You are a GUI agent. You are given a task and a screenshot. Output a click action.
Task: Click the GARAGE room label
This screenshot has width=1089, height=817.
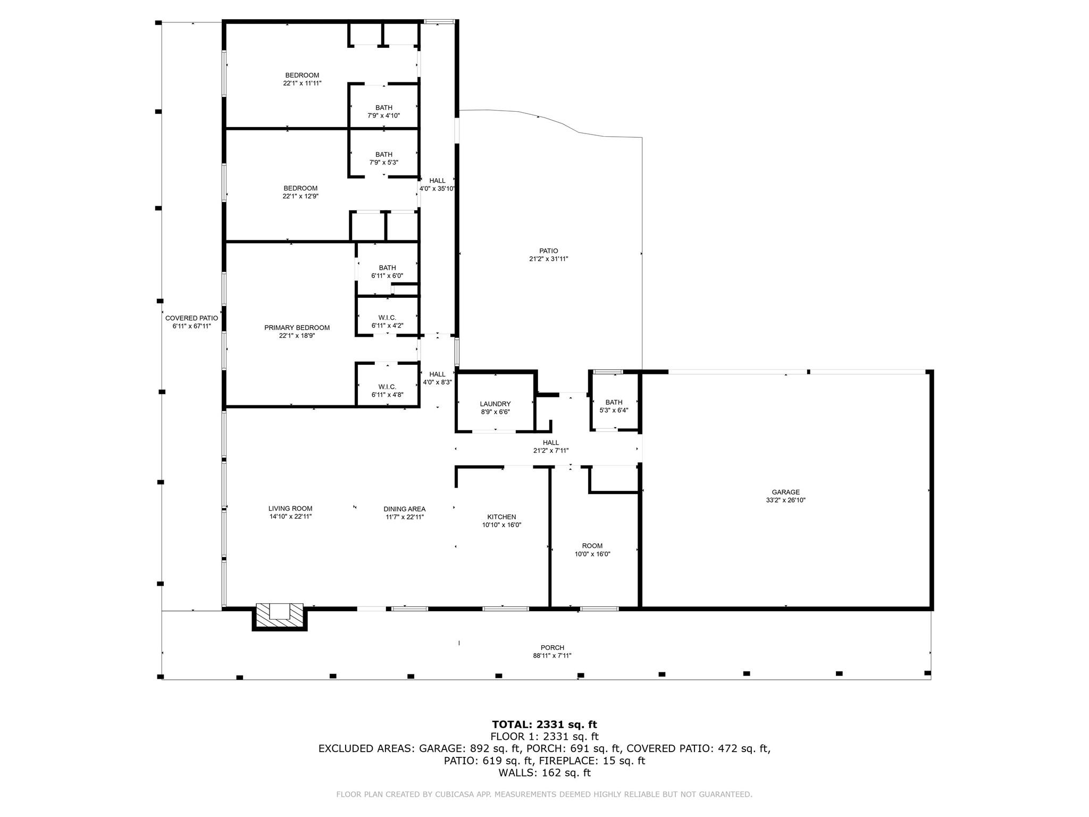point(785,493)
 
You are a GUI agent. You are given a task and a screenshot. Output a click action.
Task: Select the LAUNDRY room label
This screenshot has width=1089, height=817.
point(495,404)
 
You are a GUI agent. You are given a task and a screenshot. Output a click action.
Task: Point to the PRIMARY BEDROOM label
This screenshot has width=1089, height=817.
point(297,328)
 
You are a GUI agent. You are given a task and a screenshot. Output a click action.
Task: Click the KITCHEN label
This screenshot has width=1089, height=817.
point(501,517)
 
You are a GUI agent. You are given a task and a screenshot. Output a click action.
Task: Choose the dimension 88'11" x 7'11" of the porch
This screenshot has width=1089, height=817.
point(552,656)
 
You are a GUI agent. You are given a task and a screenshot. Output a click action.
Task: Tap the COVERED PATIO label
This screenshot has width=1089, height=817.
point(191,318)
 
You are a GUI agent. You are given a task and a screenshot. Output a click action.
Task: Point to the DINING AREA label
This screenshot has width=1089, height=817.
point(405,509)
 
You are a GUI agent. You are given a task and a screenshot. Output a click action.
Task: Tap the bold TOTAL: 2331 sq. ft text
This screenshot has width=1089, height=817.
point(544,724)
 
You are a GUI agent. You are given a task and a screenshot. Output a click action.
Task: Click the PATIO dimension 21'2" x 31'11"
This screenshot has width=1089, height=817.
point(549,259)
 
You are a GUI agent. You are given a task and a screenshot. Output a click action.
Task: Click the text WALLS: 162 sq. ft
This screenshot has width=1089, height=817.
point(544,773)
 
